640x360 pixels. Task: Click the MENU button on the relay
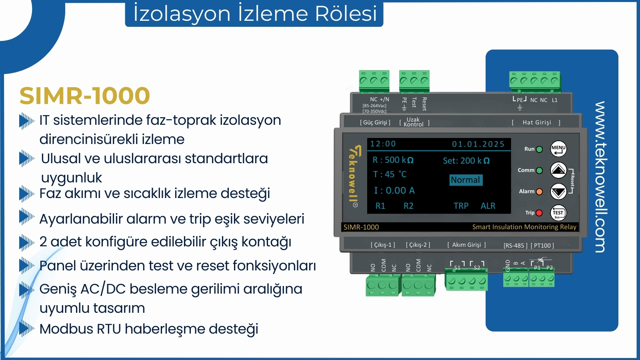(558, 149)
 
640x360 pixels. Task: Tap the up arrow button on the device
(558, 170)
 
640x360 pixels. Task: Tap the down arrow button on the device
(558, 192)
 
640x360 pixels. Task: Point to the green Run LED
(540, 149)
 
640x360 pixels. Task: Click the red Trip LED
(539, 213)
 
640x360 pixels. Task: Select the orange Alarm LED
(539, 192)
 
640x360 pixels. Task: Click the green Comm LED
(540, 170)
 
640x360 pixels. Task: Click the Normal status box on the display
(466, 180)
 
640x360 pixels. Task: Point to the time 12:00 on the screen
(383, 144)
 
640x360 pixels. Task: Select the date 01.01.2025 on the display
(478, 144)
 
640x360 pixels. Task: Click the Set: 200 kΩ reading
(466, 160)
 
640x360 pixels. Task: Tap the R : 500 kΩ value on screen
(393, 160)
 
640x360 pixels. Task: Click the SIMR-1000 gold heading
(84, 96)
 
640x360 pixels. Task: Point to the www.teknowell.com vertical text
(600, 177)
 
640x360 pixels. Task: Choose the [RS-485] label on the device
(516, 246)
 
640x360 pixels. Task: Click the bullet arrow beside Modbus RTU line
(27, 329)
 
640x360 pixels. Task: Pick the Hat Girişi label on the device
(536, 122)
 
